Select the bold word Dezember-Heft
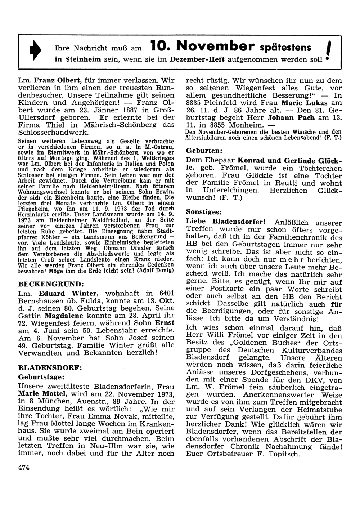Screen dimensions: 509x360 click(x=197, y=59)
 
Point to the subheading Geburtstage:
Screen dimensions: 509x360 click(x=41, y=377)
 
